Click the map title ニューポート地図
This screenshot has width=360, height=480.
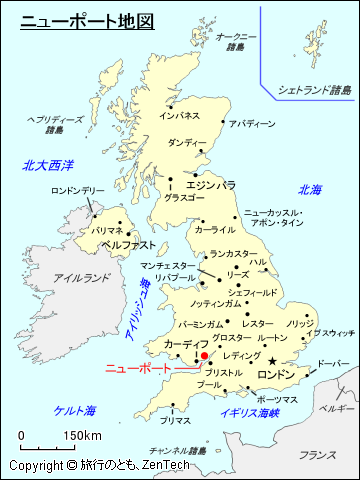[87, 20]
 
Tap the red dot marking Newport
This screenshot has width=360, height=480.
[204, 355]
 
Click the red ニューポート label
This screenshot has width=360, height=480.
[139, 368]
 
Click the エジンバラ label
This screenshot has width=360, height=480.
[210, 185]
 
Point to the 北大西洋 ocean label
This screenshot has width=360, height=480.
[50, 165]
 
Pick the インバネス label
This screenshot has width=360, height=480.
[179, 116]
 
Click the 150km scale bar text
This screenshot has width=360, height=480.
[82, 436]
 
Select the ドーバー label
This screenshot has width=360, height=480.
[333, 364]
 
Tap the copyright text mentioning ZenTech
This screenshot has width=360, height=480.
[99, 466]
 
